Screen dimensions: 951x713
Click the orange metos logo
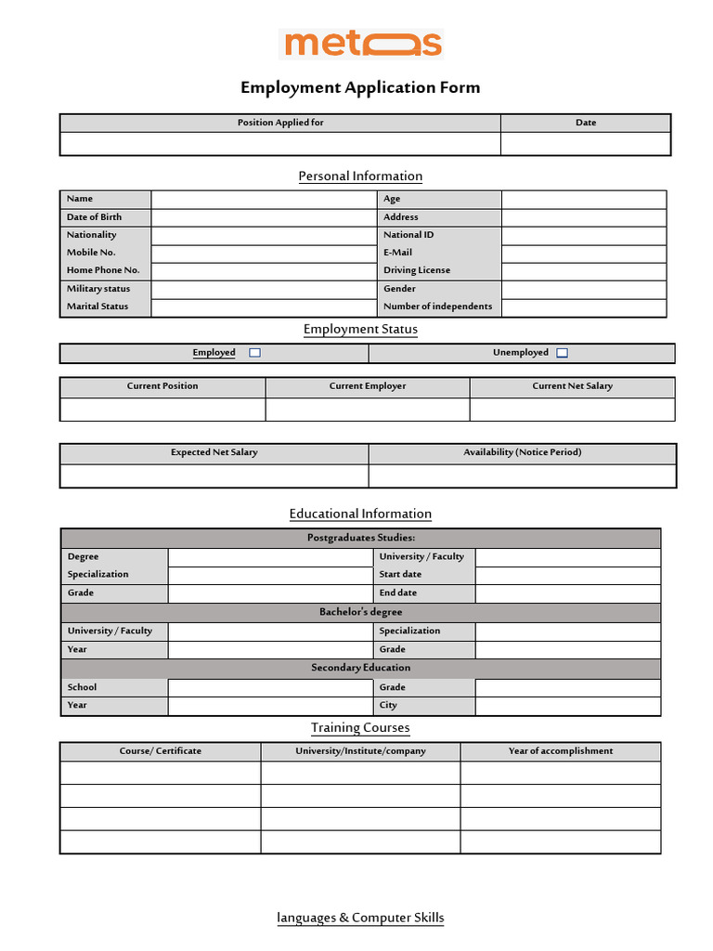pyautogui.click(x=361, y=44)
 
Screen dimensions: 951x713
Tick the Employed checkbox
pyautogui.click(x=255, y=353)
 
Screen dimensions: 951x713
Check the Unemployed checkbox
pyautogui.click(x=562, y=353)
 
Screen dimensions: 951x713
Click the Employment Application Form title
pyautogui.click(x=360, y=88)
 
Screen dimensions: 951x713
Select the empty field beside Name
pyautogui.click(x=266, y=199)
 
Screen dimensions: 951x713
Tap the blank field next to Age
pyautogui.click(x=584, y=199)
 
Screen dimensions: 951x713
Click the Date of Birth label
pyautogui.click(x=94, y=217)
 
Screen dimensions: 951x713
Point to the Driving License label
pyautogui.click(x=416, y=270)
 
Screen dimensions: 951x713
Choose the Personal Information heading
pyautogui.click(x=360, y=176)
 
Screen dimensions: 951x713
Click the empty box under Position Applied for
pyautogui.click(x=280, y=144)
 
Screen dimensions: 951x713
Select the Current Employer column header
pyautogui.click(x=368, y=386)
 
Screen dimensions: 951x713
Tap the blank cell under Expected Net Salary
pyautogui.click(x=214, y=475)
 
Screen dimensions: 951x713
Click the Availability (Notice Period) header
pyautogui.click(x=522, y=452)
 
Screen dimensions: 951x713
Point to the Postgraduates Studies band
pyautogui.click(x=361, y=538)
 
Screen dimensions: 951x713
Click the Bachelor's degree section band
pyautogui.click(x=361, y=612)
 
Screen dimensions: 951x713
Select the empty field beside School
pyautogui.click(x=270, y=687)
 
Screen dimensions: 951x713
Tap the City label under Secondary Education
pyautogui.click(x=388, y=705)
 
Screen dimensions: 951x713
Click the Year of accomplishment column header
pyautogui.click(x=561, y=750)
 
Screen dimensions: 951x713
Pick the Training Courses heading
pyautogui.click(x=360, y=728)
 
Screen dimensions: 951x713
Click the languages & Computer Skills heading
pyautogui.click(x=360, y=918)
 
